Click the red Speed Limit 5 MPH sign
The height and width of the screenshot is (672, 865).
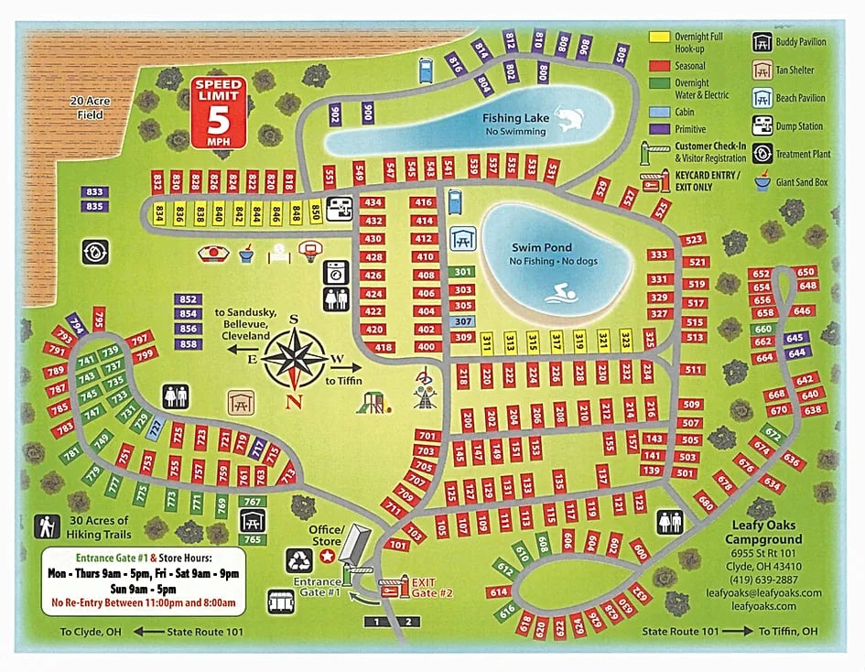[218, 113]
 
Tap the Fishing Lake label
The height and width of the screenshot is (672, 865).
[516, 118]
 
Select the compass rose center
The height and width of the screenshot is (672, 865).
[295, 356]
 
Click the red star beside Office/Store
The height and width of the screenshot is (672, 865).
[327, 556]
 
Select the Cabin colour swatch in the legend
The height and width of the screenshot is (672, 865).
[657, 112]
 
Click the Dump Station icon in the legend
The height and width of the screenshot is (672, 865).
[762, 125]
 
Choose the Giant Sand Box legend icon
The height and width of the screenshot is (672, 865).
[762, 182]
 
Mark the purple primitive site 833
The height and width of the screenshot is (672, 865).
[94, 191]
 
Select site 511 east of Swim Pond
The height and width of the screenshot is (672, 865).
[693, 370]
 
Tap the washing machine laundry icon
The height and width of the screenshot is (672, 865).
[335, 272]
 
